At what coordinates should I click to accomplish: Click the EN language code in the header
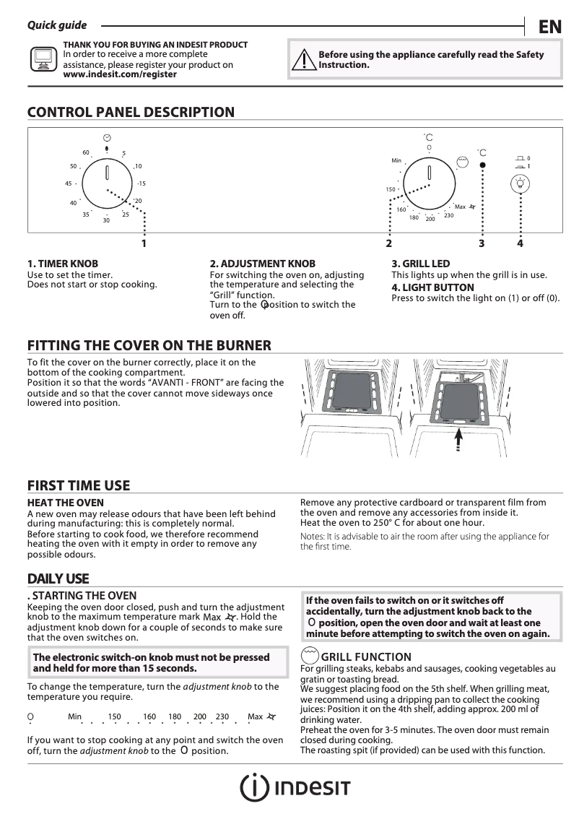click(x=549, y=27)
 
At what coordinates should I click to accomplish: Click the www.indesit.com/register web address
click(x=120, y=74)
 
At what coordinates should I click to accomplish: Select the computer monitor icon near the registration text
click(x=43, y=58)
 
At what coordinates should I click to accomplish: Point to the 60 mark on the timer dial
click(x=86, y=152)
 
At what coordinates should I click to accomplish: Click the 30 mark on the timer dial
click(x=106, y=220)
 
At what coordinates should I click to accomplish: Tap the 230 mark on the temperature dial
click(x=449, y=215)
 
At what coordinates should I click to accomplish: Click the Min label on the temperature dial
click(x=396, y=160)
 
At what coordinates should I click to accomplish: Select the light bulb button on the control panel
click(x=519, y=184)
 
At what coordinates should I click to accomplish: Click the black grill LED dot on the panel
click(x=482, y=165)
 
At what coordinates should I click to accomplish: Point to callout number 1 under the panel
click(x=144, y=244)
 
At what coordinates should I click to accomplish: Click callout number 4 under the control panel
click(x=520, y=244)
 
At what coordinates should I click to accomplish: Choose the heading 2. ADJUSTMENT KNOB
click(x=262, y=264)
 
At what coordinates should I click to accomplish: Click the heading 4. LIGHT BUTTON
click(x=432, y=287)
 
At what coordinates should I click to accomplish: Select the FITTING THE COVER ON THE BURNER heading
click(x=149, y=345)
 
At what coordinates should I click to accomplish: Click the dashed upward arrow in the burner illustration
click(x=458, y=440)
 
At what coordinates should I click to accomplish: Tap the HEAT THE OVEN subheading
click(x=66, y=503)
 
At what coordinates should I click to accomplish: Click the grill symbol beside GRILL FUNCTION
click(x=310, y=655)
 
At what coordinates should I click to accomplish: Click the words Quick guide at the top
click(x=57, y=25)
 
